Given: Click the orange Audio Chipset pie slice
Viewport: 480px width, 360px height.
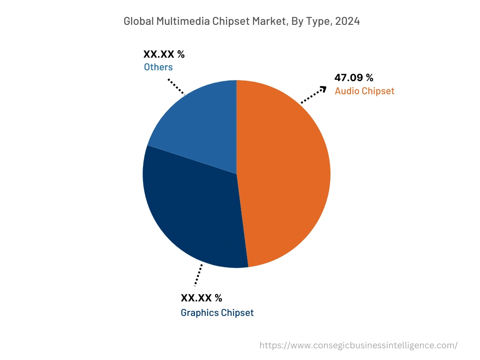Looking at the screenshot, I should [x=286, y=173].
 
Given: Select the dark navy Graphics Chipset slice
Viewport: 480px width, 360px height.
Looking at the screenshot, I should [x=192, y=216].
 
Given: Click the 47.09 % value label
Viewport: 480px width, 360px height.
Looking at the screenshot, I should [x=354, y=78].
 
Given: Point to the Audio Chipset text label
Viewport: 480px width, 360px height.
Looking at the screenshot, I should [x=364, y=91].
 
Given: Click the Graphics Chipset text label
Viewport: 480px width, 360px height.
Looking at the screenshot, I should [x=217, y=313].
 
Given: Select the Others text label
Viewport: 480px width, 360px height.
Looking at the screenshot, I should [x=158, y=67].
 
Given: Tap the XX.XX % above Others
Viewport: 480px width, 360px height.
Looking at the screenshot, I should [x=164, y=54].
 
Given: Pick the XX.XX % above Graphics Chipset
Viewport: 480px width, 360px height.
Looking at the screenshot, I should [x=202, y=298].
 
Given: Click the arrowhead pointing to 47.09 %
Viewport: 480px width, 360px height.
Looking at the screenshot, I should [x=323, y=89].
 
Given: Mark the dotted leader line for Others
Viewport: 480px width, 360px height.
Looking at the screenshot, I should [x=176, y=86].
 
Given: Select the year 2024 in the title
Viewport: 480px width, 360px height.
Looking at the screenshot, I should [x=347, y=22].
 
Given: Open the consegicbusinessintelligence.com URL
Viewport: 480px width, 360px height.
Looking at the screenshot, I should [x=359, y=345].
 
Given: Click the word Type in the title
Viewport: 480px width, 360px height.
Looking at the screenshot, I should [x=316, y=22].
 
